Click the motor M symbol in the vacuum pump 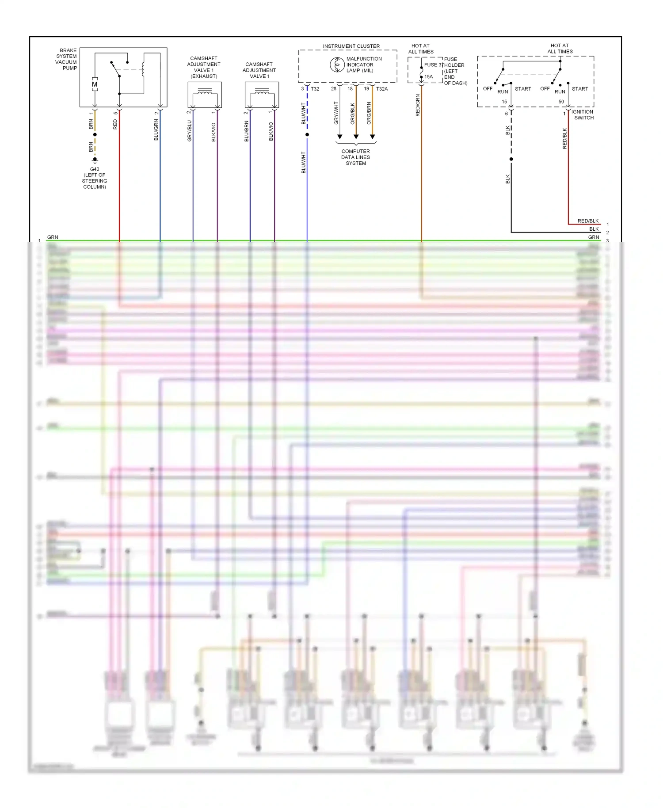(95, 84)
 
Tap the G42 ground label (95, 169)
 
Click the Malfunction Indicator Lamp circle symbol (337, 65)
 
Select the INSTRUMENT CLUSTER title (351, 46)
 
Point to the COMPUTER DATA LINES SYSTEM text (356, 157)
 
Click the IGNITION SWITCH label (583, 115)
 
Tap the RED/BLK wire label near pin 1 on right (588, 221)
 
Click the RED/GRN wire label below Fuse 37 (418, 106)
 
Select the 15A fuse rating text (429, 77)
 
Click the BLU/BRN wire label (247, 131)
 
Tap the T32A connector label (382, 89)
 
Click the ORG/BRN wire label (369, 113)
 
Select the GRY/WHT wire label (336, 113)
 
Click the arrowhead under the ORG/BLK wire (356, 137)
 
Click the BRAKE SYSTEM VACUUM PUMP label (66, 59)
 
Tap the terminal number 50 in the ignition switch (561, 102)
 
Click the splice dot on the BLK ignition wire (511, 159)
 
